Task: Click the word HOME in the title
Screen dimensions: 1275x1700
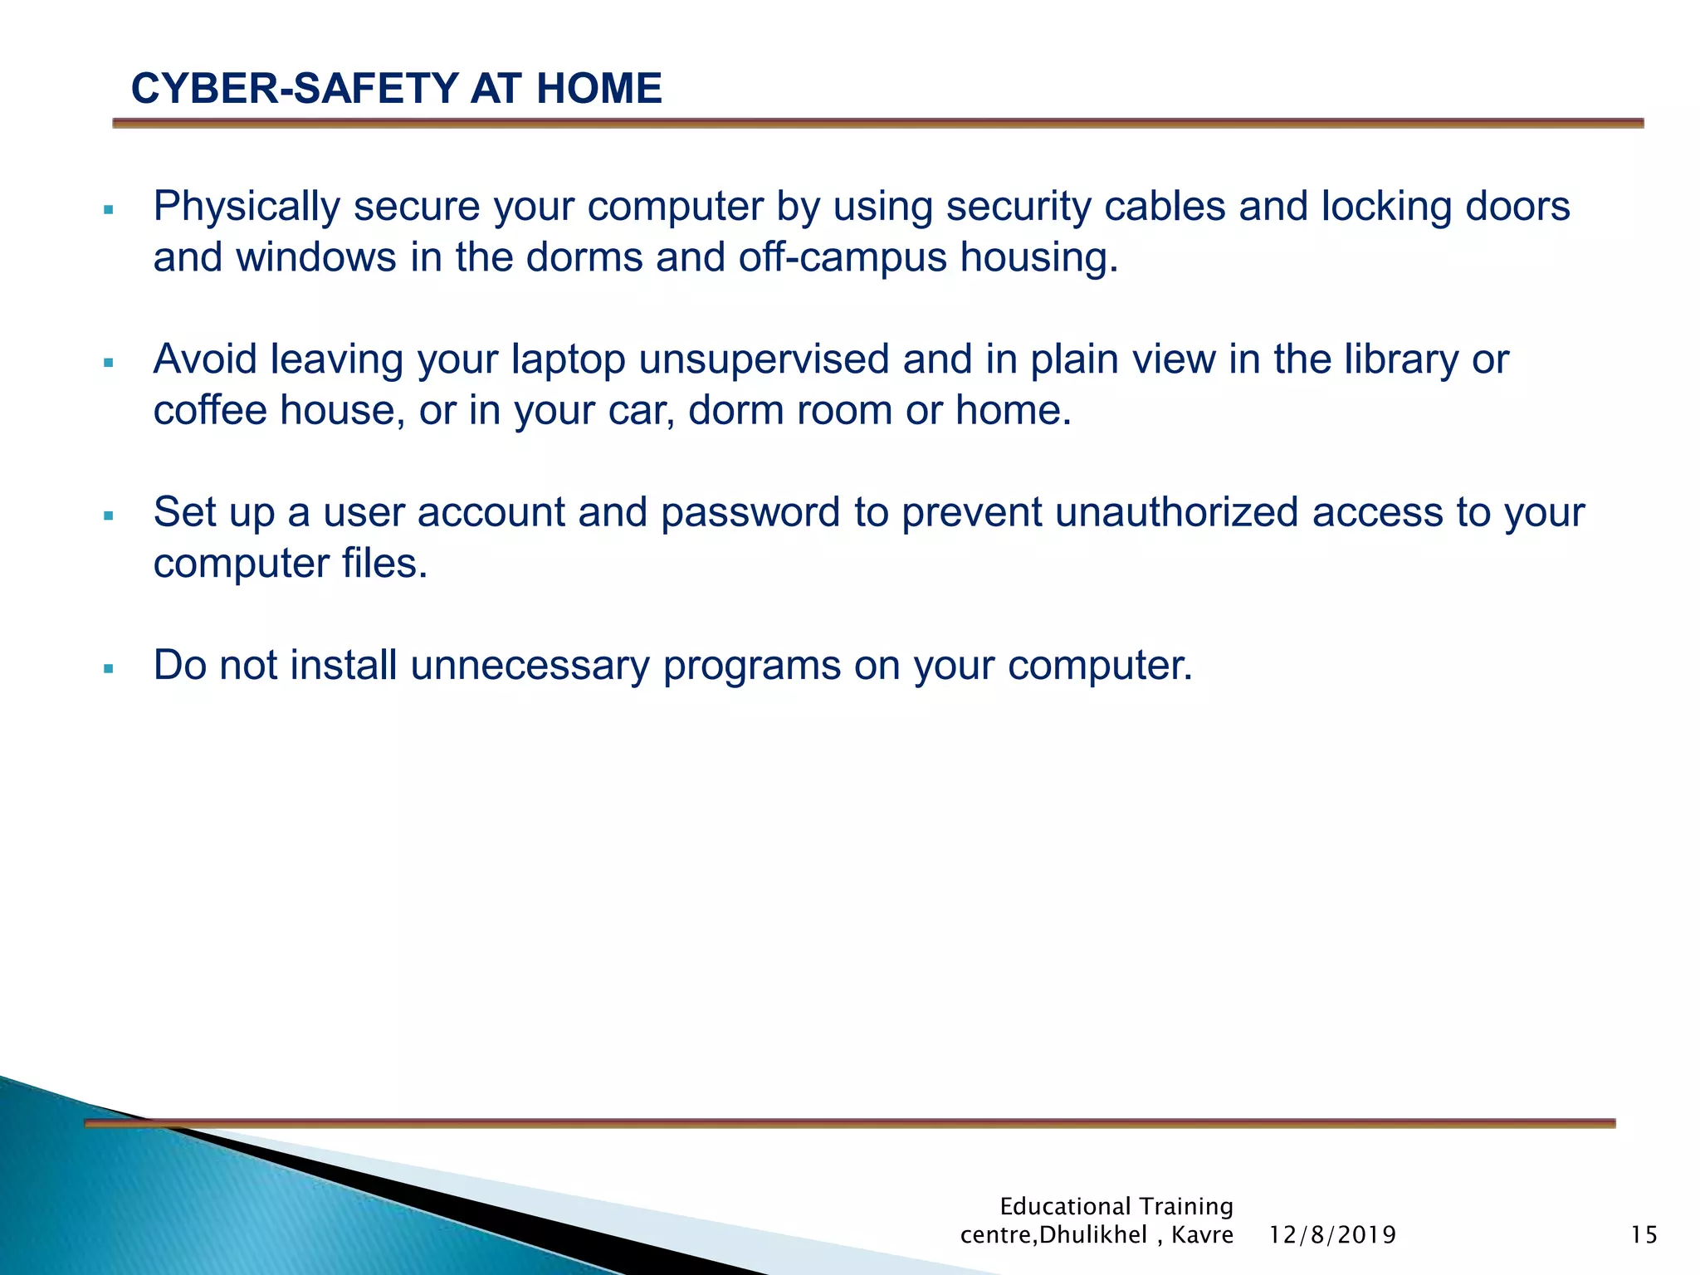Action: [598, 89]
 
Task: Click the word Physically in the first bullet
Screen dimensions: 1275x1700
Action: [247, 207]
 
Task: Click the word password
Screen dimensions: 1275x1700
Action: [750, 512]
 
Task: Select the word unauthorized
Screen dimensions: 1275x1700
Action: [1177, 512]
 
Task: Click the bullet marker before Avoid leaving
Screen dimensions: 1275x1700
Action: [108, 363]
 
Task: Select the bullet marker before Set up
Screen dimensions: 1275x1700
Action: [108, 516]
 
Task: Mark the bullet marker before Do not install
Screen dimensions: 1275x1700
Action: [108, 669]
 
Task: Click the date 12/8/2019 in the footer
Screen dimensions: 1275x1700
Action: [1332, 1235]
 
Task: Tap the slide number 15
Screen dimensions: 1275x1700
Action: [1644, 1235]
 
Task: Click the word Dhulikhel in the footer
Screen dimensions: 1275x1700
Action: [1093, 1235]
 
